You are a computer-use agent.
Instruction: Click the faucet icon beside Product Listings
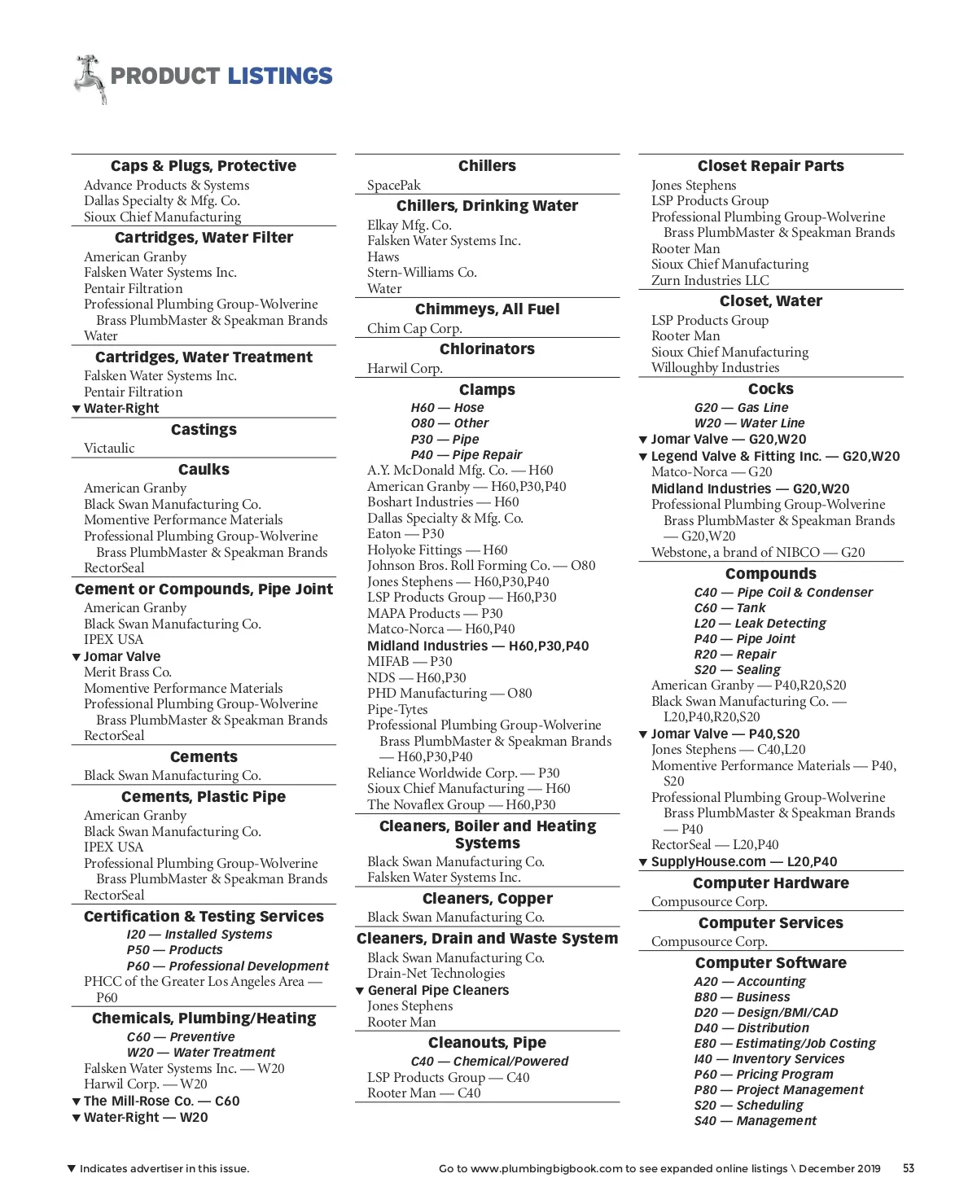(x=90, y=78)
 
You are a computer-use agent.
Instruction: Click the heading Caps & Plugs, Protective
(x=204, y=166)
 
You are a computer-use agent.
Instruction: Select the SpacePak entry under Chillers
(x=394, y=186)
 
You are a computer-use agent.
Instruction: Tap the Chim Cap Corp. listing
(x=414, y=329)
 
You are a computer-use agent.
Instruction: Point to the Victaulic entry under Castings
(x=109, y=449)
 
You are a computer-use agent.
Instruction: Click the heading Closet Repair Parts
(x=770, y=166)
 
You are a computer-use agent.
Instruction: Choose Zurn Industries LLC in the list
(x=710, y=281)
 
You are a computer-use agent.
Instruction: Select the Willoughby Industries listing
(x=715, y=368)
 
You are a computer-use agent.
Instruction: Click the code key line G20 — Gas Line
(x=741, y=408)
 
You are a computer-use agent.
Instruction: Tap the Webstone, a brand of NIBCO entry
(x=758, y=553)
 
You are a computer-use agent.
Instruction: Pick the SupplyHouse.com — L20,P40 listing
(x=743, y=862)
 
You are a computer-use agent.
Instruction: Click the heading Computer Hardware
(x=770, y=883)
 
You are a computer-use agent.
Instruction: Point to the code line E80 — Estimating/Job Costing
(x=785, y=1044)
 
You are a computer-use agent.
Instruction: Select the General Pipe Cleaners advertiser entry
(x=438, y=991)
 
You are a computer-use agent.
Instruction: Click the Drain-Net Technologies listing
(x=436, y=974)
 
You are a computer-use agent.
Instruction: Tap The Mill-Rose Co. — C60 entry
(x=161, y=1101)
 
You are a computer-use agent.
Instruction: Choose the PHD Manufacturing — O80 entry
(x=449, y=694)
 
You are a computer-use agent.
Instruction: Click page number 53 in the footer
(x=909, y=1168)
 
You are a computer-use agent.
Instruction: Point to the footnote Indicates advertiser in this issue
(x=164, y=1169)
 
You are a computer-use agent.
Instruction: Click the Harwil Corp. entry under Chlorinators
(x=405, y=369)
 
